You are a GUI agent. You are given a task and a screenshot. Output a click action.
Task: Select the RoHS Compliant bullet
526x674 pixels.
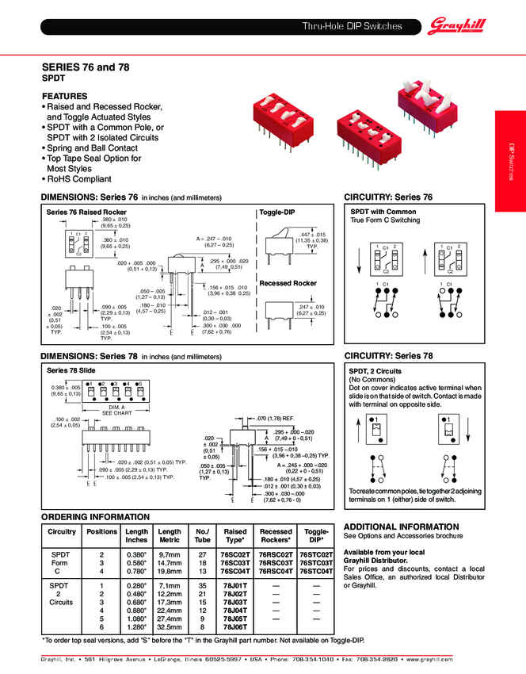click(x=78, y=178)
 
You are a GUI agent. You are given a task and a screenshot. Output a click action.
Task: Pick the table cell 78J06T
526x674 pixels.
click(x=235, y=626)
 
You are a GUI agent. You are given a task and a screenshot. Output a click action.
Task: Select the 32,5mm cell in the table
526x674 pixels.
click(x=169, y=626)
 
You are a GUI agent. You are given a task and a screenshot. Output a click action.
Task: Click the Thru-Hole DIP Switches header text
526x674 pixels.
click(x=353, y=27)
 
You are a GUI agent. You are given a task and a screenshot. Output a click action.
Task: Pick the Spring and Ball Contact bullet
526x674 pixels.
click(x=91, y=147)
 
